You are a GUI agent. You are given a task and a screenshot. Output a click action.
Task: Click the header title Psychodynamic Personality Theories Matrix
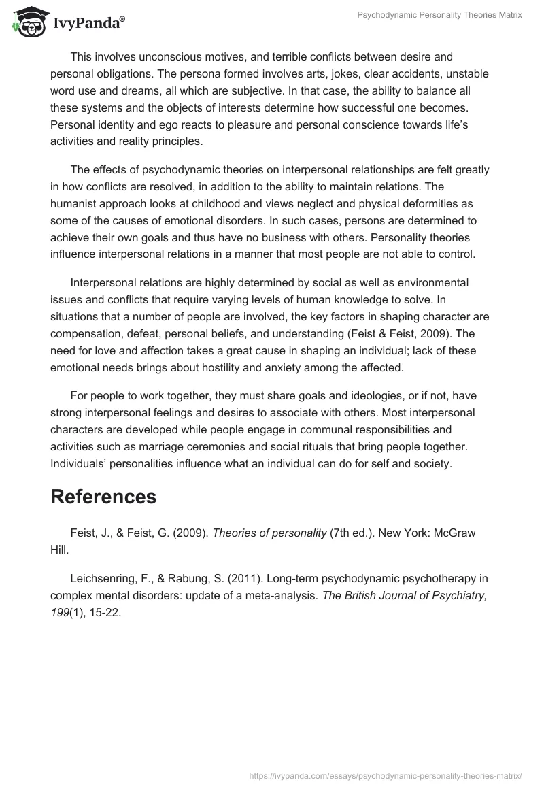(x=439, y=15)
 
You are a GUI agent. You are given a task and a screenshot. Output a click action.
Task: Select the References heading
(x=103, y=497)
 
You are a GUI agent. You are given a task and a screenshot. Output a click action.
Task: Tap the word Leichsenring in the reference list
(x=103, y=578)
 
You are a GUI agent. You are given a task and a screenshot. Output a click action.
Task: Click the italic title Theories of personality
(x=269, y=533)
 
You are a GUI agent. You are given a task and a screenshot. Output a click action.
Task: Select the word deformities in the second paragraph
(x=393, y=204)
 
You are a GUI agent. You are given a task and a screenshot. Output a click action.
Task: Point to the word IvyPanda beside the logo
(x=87, y=24)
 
